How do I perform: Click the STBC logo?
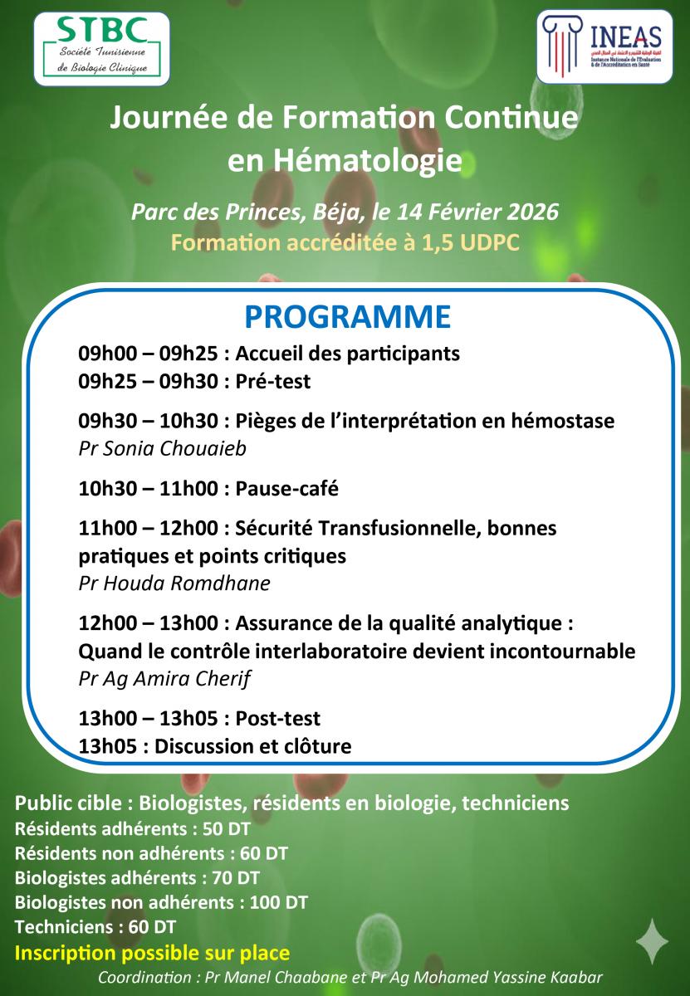101,48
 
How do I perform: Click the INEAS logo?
604,46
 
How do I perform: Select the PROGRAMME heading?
347,317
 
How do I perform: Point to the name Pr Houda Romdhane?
174,583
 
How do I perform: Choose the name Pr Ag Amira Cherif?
164,678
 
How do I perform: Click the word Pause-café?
287,489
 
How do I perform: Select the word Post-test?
278,718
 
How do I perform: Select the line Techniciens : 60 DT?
95,926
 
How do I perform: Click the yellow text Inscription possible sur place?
153,952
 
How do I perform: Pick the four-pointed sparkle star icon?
652,940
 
